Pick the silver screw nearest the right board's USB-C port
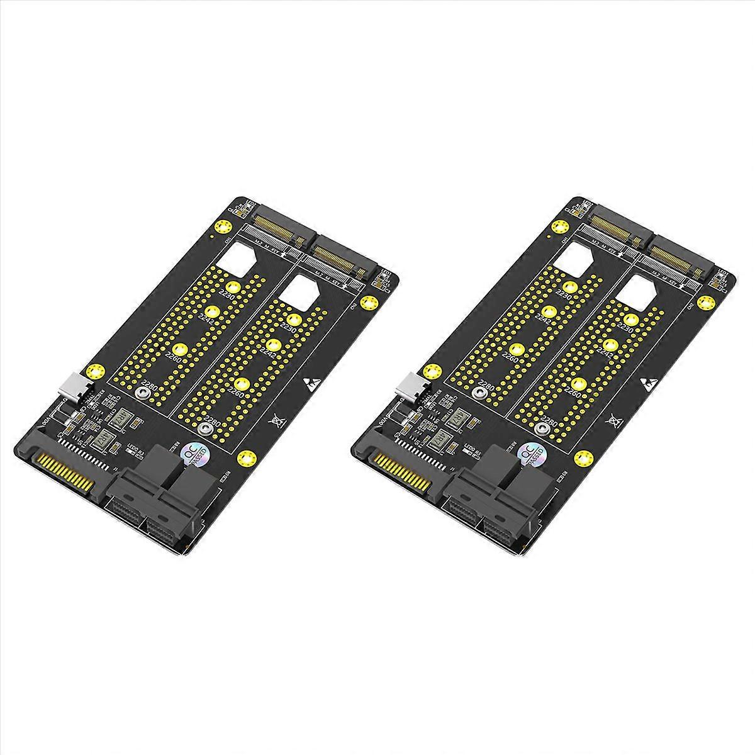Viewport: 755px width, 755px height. (x=478, y=393)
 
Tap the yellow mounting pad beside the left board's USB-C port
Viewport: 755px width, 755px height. (x=94, y=371)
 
